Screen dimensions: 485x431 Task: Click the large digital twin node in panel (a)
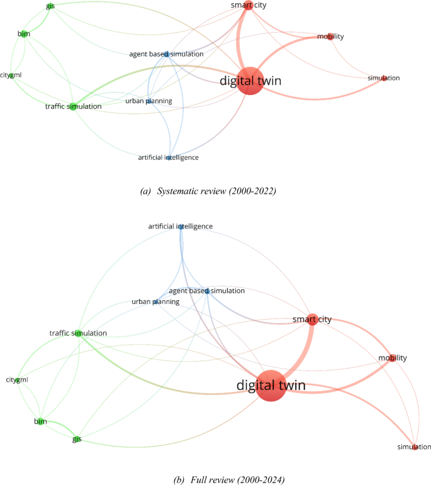[250, 81]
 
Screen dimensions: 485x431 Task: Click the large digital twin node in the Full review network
[271, 385]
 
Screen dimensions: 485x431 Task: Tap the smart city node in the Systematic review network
[248, 6]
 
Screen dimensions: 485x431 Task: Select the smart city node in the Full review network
[311, 320]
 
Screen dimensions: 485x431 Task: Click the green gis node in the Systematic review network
[49, 6]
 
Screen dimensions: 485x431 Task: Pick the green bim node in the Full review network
[40, 421]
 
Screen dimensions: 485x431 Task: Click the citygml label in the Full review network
[17, 380]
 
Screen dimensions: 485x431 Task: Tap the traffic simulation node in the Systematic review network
[72, 106]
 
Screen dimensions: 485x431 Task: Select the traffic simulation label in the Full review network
[78, 333]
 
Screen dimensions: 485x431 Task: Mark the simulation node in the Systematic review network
[384, 78]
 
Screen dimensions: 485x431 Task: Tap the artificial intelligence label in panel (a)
[169, 157]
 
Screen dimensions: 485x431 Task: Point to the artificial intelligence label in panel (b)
[181, 226]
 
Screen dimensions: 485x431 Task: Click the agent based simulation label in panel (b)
[207, 291]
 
